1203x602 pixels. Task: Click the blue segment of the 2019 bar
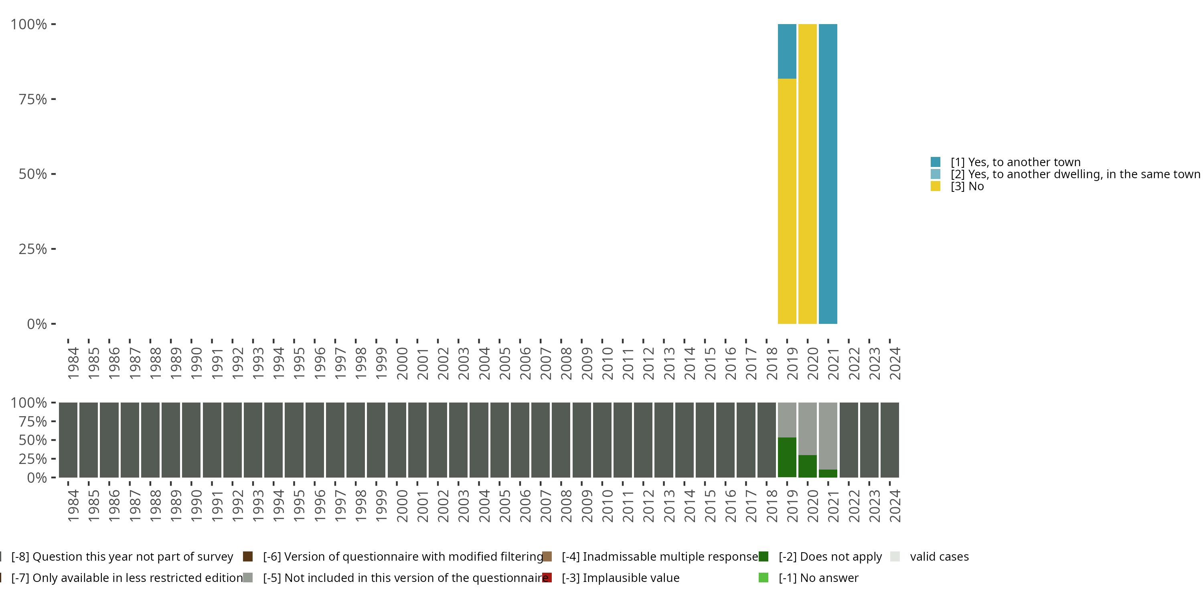click(787, 51)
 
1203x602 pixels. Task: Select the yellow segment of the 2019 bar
click(787, 201)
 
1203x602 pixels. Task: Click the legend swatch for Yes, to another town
click(936, 162)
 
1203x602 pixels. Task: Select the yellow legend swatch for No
click(936, 187)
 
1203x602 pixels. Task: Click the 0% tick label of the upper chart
click(37, 324)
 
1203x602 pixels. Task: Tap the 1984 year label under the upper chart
click(73, 363)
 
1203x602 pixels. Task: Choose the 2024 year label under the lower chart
click(895, 506)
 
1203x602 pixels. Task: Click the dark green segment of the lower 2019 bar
click(787, 457)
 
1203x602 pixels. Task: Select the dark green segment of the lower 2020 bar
click(808, 466)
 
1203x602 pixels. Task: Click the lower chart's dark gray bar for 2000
click(397, 440)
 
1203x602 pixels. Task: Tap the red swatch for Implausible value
click(547, 578)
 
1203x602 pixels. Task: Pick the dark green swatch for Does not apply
click(764, 557)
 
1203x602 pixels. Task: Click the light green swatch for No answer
click(764, 578)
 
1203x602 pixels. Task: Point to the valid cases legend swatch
click(895, 557)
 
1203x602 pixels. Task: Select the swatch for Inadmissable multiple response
click(547, 557)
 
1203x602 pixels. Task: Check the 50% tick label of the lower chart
click(33, 440)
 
